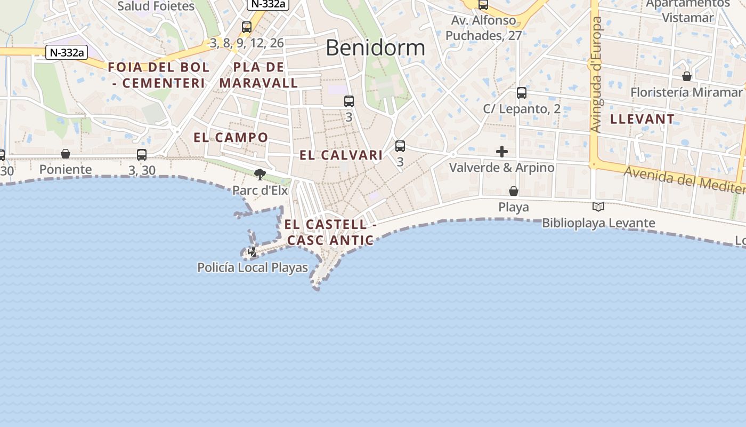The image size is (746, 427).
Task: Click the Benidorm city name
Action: click(375, 48)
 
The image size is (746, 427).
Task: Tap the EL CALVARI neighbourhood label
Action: click(341, 155)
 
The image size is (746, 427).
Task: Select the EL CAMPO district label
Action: click(231, 137)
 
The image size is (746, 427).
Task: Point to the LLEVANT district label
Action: click(642, 119)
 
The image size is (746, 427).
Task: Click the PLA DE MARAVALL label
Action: click(258, 75)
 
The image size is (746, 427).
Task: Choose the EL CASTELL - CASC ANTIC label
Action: click(330, 232)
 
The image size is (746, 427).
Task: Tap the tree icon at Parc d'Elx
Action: click(260, 174)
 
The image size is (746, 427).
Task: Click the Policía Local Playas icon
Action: click(253, 251)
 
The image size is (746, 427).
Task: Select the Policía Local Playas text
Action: click(253, 267)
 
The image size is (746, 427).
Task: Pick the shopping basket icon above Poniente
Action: click(66, 154)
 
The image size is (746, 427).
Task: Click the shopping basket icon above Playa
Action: click(514, 191)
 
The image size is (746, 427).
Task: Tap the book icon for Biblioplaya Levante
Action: click(598, 207)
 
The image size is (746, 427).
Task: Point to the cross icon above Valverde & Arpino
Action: click(501, 152)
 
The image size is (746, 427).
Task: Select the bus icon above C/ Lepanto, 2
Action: click(522, 93)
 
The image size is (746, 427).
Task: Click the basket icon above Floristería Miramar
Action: click(687, 76)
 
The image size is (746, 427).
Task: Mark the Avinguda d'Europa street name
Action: click(596, 75)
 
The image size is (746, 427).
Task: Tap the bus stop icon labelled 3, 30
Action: click(142, 155)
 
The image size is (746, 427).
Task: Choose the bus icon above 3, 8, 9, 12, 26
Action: click(247, 27)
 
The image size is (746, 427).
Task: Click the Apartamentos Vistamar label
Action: click(687, 11)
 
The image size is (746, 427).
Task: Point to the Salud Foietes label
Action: click(156, 6)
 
